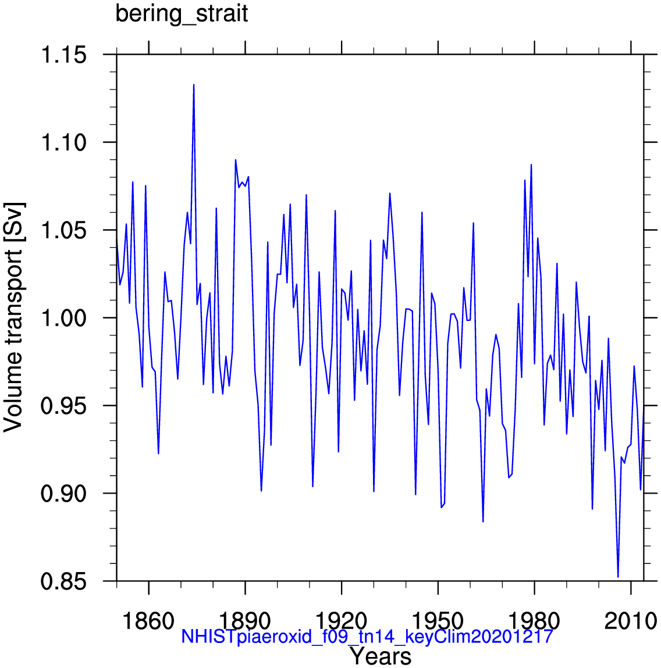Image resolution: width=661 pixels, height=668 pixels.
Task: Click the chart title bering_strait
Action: click(x=182, y=14)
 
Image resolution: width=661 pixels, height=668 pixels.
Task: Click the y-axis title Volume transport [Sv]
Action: click(x=14, y=317)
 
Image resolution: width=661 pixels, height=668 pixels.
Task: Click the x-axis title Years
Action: click(x=380, y=657)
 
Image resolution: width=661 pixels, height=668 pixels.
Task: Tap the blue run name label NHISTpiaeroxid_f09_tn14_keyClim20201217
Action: click(x=367, y=637)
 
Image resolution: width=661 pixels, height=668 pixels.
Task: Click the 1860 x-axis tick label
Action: click(x=149, y=621)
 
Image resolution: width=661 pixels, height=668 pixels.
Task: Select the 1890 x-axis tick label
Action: click(x=246, y=621)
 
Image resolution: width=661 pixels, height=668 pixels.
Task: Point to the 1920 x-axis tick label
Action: click(x=342, y=621)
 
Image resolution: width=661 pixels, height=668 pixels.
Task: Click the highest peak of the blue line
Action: click(x=194, y=85)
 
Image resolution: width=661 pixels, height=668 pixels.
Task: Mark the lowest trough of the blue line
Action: click(x=618, y=577)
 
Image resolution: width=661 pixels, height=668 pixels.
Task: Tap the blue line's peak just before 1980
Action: click(x=531, y=165)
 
